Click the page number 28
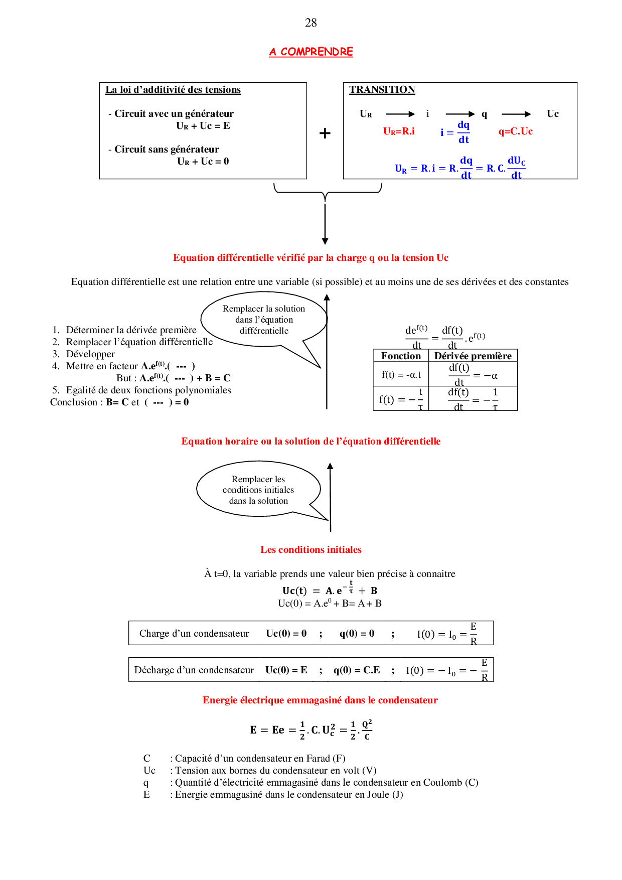coord(310,23)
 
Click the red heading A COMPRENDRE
coord(311,52)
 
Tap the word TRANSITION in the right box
coord(382,90)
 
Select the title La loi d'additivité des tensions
coord(173,90)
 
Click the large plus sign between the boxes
coord(325,133)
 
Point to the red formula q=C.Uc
coord(515,131)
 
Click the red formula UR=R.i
coord(399,131)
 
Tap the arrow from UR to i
coord(400,114)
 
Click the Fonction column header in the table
coord(401,356)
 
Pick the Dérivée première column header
coord(473,356)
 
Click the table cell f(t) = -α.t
coord(401,374)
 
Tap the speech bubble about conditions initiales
coord(258,490)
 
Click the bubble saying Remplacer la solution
coord(264,320)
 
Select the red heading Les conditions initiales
coord(311,549)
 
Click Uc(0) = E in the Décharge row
coord(286,670)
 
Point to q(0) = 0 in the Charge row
coord(357,633)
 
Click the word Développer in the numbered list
coord(90,354)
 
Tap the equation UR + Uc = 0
coord(203,161)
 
